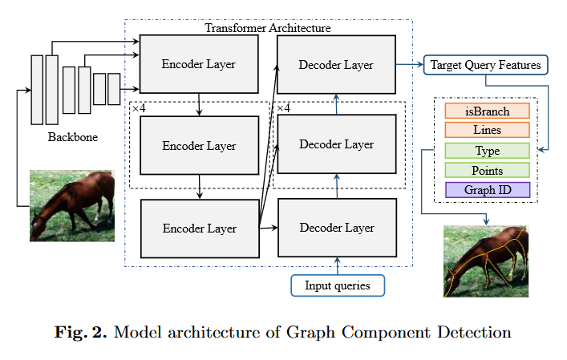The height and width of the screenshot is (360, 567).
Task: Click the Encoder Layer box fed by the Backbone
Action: point(199,63)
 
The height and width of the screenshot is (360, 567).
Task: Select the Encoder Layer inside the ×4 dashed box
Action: point(199,146)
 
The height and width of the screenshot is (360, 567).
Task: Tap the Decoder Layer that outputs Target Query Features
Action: point(336,64)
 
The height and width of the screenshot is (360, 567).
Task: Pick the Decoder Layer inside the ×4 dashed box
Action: point(336,144)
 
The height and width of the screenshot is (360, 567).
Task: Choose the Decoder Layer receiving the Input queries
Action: point(336,228)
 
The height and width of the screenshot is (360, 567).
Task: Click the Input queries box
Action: point(337,285)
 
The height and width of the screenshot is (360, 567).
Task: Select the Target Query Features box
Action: point(486,64)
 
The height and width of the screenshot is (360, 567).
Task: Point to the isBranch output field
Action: point(487,111)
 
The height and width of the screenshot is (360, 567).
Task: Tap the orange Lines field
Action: point(487,130)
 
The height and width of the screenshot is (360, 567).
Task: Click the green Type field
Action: point(487,151)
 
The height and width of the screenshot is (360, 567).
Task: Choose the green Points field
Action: point(487,170)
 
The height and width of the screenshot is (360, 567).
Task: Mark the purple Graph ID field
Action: point(487,190)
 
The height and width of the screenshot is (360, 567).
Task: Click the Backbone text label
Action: point(72,137)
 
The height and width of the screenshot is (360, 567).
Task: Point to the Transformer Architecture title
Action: point(268,28)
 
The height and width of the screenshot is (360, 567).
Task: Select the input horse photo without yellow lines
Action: point(72,205)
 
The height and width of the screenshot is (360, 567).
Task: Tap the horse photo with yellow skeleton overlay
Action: point(485,261)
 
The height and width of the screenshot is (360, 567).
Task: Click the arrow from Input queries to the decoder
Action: point(337,265)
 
